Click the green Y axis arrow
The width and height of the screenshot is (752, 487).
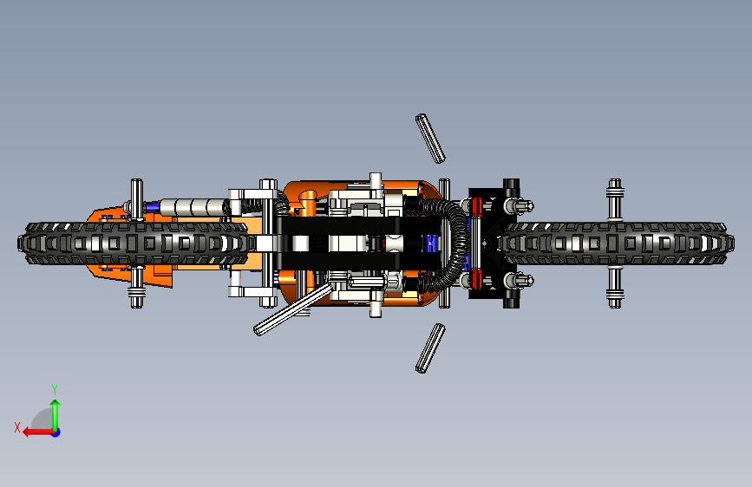tap(55, 411)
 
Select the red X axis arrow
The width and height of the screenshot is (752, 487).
tap(34, 431)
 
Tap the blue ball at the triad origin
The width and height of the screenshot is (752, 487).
tap(55, 432)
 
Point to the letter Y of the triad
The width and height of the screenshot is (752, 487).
tap(54, 389)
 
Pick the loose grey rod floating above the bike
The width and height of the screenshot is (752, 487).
tap(430, 138)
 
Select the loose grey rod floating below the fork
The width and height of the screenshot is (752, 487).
tap(430, 347)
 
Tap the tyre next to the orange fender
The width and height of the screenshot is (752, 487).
tap(130, 243)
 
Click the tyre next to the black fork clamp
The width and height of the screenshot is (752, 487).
tap(616, 243)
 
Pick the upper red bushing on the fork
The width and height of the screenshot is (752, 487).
tap(476, 208)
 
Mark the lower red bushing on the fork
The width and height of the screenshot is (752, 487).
tap(476, 279)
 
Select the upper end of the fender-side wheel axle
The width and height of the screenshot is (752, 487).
tap(137, 197)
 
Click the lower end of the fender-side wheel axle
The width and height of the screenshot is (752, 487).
tap(137, 290)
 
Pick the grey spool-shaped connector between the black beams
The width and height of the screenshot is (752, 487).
tap(396, 243)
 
